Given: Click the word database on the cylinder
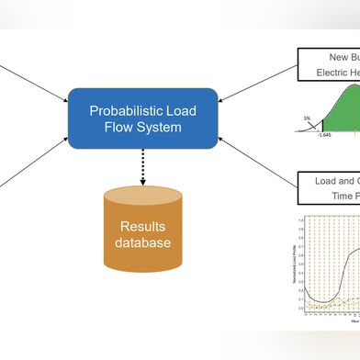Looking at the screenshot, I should point(142,243).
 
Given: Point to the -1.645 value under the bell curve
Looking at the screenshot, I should point(322,135).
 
